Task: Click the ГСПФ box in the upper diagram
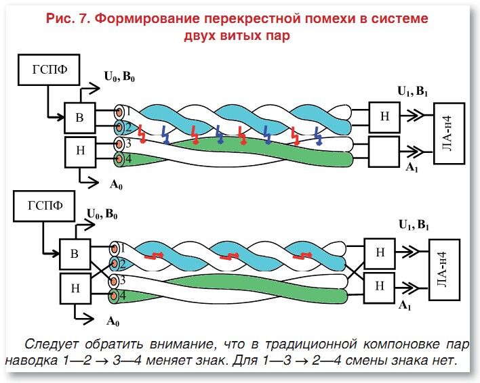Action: coord(47,71)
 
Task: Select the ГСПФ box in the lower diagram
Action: coord(47,207)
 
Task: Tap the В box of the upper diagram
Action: coord(79,119)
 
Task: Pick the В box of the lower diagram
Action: coord(75,254)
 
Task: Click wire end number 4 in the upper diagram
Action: coord(120,160)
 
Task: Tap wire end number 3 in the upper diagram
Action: coord(120,143)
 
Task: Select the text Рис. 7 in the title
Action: coord(69,19)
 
